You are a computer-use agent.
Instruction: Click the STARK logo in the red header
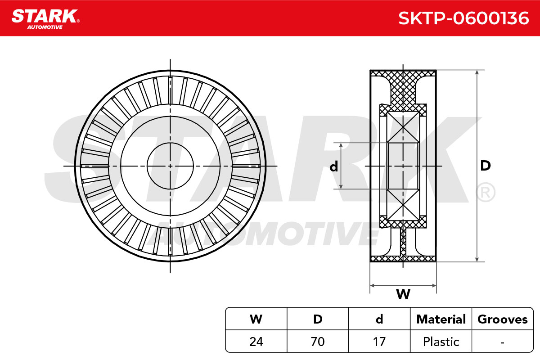[x=45, y=19]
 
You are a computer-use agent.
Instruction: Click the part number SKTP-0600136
[x=463, y=18]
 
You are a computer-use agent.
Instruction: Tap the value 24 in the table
[x=256, y=342]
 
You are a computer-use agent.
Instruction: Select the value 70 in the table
[x=318, y=342]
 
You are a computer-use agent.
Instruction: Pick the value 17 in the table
[x=379, y=342]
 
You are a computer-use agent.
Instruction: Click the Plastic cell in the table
[x=441, y=342]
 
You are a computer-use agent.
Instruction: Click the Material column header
[x=441, y=319]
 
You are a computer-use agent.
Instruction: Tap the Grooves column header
[x=502, y=319]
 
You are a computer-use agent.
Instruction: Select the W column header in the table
[x=256, y=319]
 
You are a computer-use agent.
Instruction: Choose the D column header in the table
[x=318, y=319]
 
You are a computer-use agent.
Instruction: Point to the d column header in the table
[x=379, y=319]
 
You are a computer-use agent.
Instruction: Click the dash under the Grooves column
[x=502, y=342]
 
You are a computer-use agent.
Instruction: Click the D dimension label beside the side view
[x=485, y=166]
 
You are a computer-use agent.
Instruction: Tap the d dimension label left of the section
[x=334, y=166]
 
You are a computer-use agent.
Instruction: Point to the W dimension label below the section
[x=403, y=294]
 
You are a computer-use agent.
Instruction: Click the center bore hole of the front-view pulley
[x=170, y=166]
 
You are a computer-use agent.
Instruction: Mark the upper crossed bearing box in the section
[x=403, y=127]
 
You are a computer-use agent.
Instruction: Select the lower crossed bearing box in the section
[x=403, y=205]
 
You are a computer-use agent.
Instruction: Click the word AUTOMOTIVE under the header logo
[x=45, y=27]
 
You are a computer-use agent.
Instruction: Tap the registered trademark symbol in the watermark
[x=486, y=192]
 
